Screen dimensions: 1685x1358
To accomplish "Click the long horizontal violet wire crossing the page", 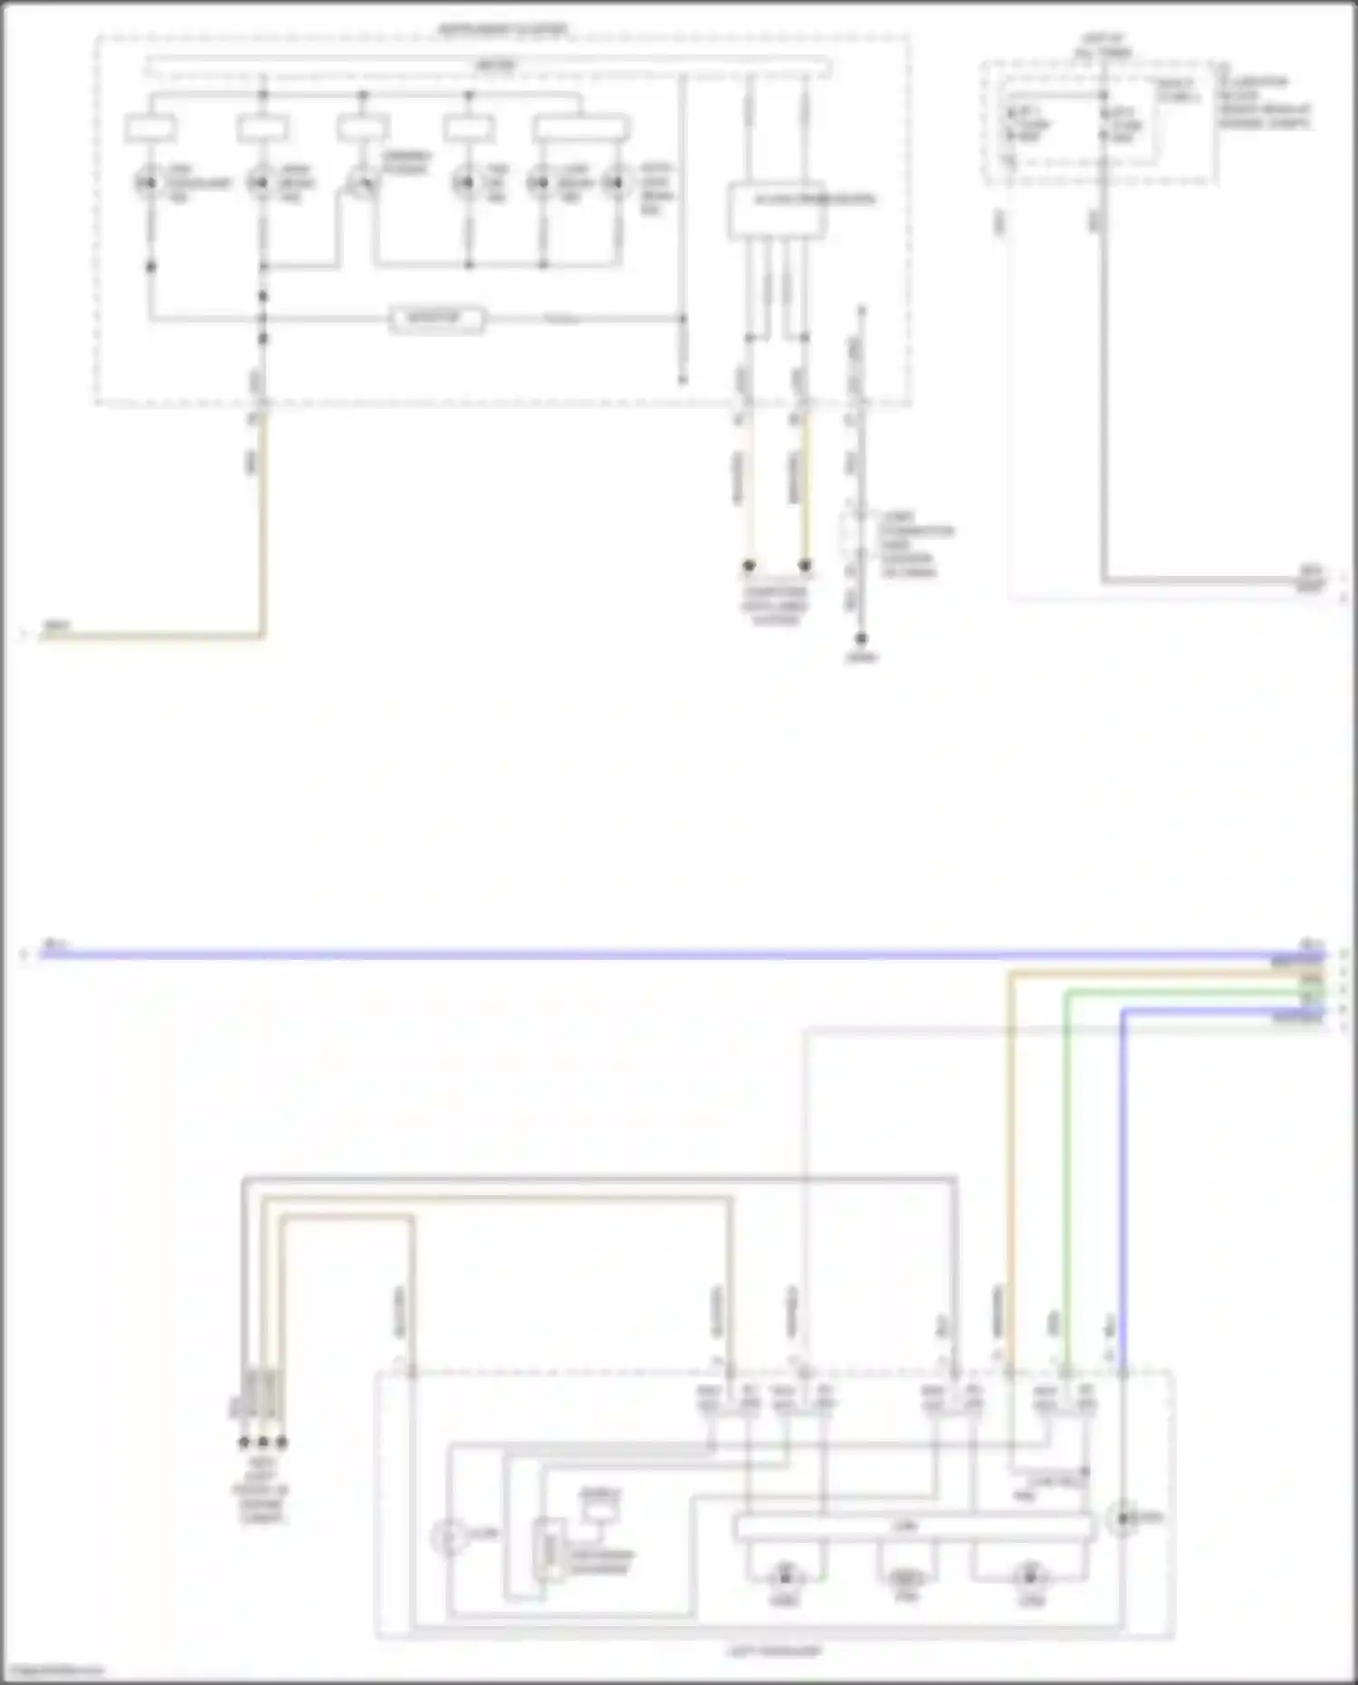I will click(634, 954).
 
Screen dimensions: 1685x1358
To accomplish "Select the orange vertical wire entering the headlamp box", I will click(1009, 1177).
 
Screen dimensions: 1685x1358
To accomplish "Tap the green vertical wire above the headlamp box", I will click(1066, 1177).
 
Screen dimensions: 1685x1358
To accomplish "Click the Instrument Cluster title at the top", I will click(503, 30).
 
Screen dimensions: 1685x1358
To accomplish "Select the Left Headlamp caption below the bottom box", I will click(775, 1651).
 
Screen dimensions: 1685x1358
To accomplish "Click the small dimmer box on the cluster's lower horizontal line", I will click(437, 319).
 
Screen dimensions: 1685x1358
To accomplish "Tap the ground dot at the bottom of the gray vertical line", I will click(861, 639).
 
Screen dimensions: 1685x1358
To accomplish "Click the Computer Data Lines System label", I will click(775, 606).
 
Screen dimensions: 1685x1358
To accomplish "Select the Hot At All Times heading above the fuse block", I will click(1102, 46).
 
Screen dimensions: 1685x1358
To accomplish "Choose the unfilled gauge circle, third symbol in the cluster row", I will click(362, 184).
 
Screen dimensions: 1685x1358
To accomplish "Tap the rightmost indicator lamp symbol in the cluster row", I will click(618, 184).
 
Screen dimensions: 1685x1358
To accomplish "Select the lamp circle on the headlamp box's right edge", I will click(1124, 1517).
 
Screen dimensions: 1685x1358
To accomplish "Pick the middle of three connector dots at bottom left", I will click(263, 1441).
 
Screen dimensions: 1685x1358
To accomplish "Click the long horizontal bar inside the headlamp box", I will click(914, 1527).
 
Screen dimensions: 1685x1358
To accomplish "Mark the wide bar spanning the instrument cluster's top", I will click(489, 66).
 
